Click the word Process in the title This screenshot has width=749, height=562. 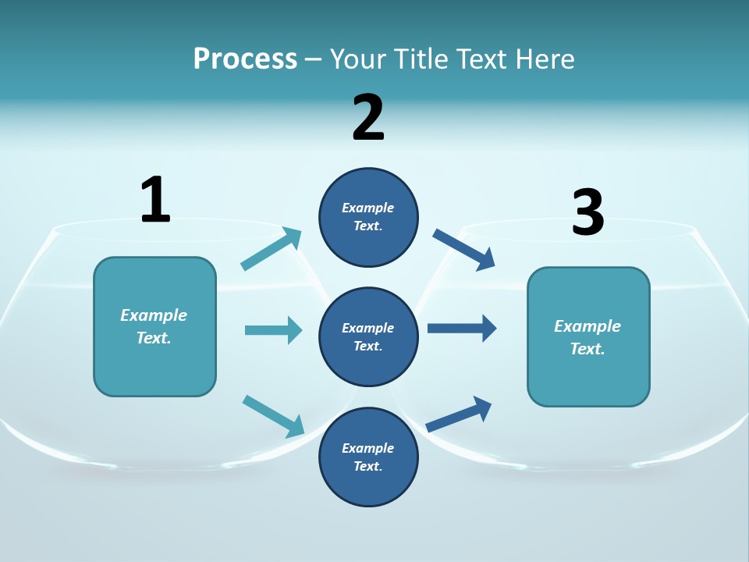245,59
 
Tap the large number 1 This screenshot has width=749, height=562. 155,200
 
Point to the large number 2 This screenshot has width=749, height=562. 368,118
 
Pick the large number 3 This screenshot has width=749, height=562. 587,212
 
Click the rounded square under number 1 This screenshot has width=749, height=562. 154,326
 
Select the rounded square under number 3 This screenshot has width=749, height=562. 588,336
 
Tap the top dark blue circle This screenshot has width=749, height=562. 368,217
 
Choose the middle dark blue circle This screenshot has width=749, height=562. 368,336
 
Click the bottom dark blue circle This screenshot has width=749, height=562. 368,457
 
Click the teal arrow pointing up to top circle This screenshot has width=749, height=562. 272,249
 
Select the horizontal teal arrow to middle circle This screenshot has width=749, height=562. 273,330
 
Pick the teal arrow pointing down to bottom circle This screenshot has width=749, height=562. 273,416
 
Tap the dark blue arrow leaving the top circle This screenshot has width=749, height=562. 463,249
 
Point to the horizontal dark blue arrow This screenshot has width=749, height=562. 462,328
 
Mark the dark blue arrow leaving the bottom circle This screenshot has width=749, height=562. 460,414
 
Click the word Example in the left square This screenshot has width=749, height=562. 154,315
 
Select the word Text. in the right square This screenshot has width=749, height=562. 587,349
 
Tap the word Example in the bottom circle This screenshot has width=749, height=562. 368,448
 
